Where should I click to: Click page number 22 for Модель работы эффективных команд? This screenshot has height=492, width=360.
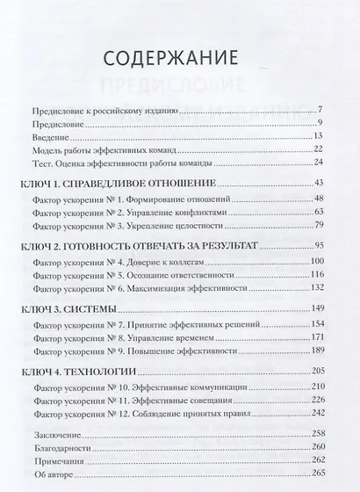pos(320,148)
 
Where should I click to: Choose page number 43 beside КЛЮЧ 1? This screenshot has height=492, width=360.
pos(320,181)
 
